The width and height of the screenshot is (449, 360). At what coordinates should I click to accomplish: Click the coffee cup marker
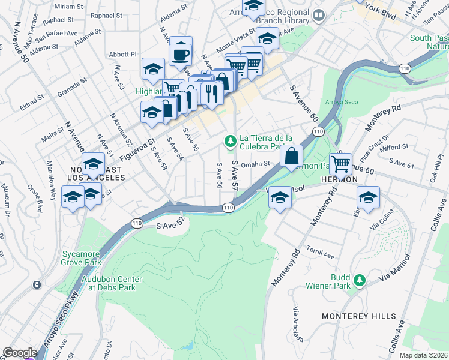click(181, 55)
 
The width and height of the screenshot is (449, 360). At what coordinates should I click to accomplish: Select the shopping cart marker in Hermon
click(340, 163)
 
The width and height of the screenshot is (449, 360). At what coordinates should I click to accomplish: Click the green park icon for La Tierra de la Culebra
click(229, 141)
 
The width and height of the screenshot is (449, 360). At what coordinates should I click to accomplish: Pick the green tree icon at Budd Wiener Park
click(359, 280)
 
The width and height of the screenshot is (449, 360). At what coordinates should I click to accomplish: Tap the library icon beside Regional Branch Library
click(319, 14)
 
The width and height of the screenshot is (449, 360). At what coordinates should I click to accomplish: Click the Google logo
click(20, 353)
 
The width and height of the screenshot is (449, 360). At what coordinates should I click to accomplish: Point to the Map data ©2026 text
click(423, 355)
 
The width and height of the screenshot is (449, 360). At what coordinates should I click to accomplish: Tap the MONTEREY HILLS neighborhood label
click(359, 316)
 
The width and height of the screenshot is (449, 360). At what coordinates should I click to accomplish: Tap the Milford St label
click(394, 146)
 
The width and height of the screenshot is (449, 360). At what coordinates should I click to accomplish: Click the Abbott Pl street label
click(123, 55)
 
